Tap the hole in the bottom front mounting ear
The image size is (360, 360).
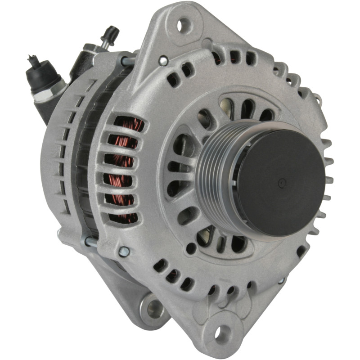[223, 333]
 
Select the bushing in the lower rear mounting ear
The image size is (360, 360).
[154, 307]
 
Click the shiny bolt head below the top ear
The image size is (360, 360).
[163, 59]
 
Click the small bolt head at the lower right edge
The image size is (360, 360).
[282, 280]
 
